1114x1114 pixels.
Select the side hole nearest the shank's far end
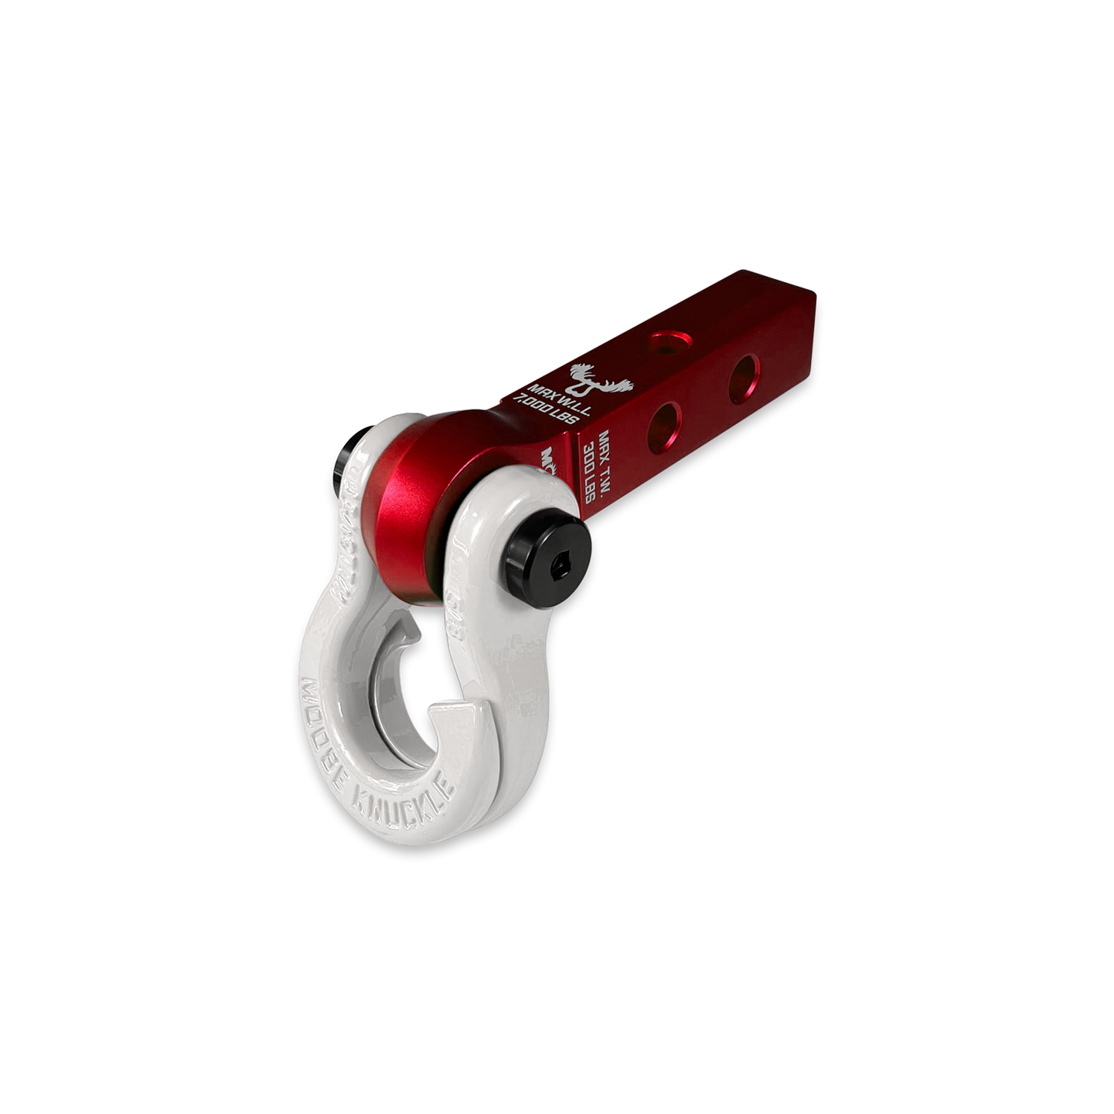[x=743, y=371]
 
